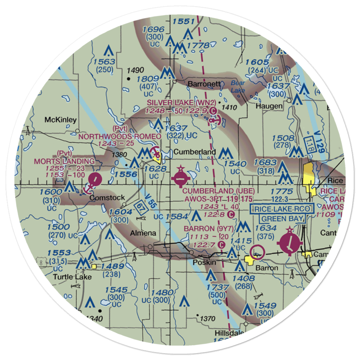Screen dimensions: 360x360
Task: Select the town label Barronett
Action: pos(203,84)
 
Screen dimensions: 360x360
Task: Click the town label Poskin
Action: pos(204,262)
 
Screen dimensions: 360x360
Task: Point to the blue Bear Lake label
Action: pos(238,86)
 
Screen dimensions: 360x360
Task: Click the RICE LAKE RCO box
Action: pos(283,208)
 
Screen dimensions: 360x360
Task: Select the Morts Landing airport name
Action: pos(64,161)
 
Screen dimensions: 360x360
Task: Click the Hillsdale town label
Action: pos(230,332)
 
